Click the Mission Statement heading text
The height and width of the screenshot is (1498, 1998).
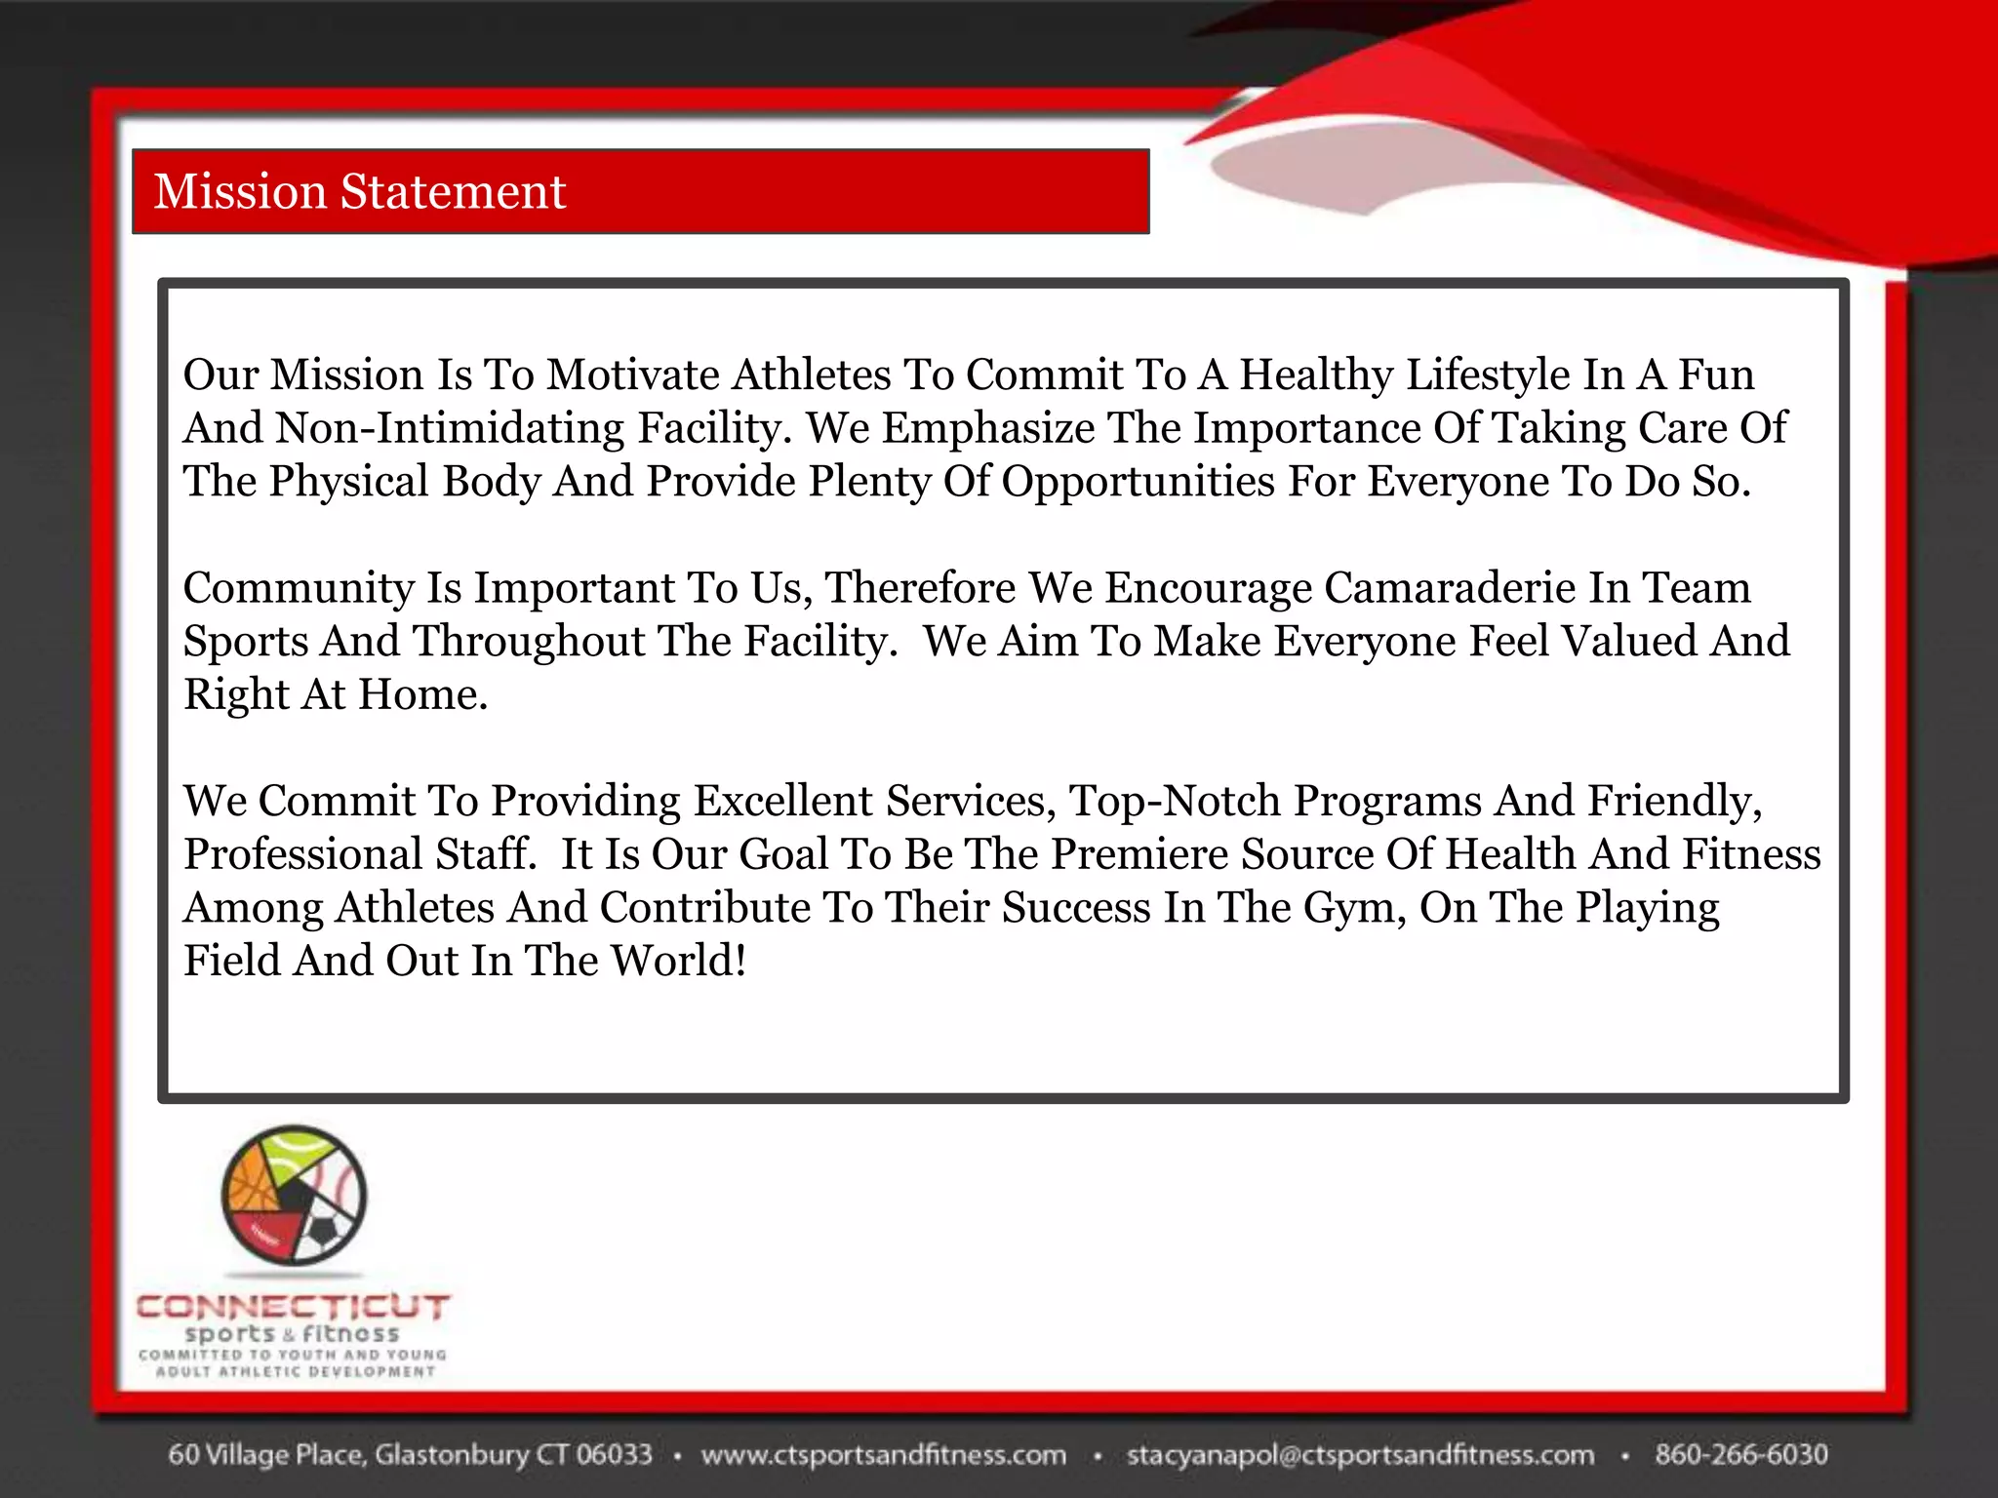click(359, 191)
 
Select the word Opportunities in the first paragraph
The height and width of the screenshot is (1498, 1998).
click(1138, 482)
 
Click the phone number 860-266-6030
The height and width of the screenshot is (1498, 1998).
click(1740, 1454)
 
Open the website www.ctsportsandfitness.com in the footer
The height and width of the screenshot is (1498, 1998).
click(884, 1454)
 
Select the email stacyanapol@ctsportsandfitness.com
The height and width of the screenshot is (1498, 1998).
click(1360, 1454)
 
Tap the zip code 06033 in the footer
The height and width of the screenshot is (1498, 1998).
click(614, 1454)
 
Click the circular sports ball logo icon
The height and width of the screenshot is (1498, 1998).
click(294, 1195)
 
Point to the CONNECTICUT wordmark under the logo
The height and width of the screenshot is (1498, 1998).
click(293, 1306)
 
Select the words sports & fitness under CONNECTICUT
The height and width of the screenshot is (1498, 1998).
click(292, 1333)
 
